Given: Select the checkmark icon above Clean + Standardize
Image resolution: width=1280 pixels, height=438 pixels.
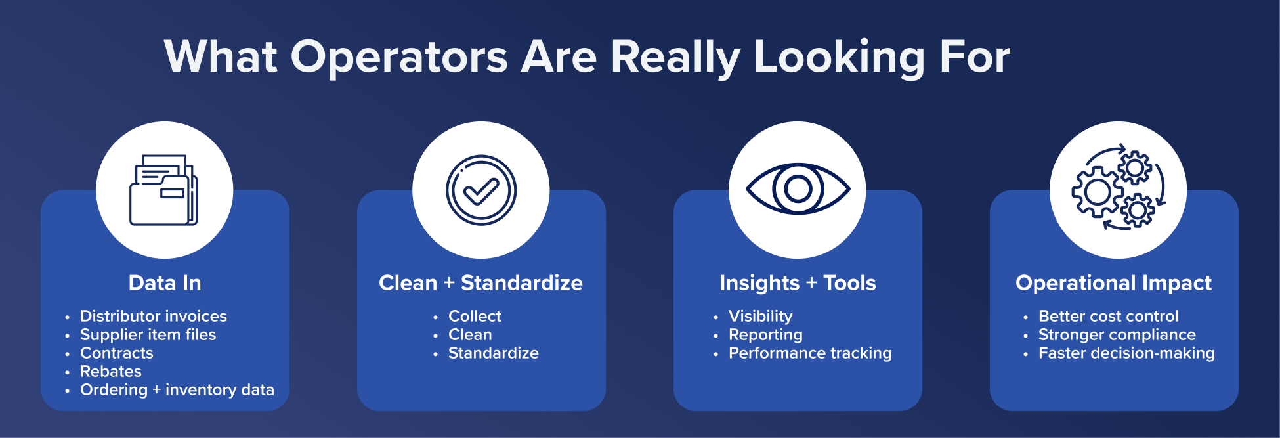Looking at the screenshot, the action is [x=481, y=190].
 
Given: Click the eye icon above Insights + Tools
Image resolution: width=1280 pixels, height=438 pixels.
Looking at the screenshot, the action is [x=798, y=189].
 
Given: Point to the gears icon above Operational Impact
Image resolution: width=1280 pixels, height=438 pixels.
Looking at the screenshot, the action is [x=1119, y=188].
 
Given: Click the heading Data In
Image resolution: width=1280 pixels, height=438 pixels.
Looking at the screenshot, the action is [x=165, y=283].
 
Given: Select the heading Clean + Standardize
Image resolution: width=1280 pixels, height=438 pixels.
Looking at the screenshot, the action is [x=480, y=283].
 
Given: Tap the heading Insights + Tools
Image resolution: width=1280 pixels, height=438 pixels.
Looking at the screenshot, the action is [x=798, y=283].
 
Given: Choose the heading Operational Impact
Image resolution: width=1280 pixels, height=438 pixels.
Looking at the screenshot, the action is [x=1113, y=283].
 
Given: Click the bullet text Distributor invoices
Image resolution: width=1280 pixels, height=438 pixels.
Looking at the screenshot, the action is [x=154, y=316].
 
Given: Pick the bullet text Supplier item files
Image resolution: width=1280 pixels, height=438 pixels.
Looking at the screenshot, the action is [x=148, y=334].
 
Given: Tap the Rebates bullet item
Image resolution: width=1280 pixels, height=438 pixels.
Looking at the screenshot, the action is [x=111, y=371].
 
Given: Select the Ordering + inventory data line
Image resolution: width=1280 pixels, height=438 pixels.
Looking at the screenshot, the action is [x=177, y=389].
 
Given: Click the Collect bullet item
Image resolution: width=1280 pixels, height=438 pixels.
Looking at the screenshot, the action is [x=475, y=316].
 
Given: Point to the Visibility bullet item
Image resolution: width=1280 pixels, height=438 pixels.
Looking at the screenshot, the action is [x=761, y=317].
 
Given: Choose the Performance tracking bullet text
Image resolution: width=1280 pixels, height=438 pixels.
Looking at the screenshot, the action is [x=810, y=353].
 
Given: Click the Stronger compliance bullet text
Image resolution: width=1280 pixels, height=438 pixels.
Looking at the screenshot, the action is [x=1117, y=335].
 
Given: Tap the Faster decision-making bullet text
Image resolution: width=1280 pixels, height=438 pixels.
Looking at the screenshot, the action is [x=1126, y=353].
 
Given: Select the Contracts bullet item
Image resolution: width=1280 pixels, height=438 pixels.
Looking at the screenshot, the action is [x=117, y=353].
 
